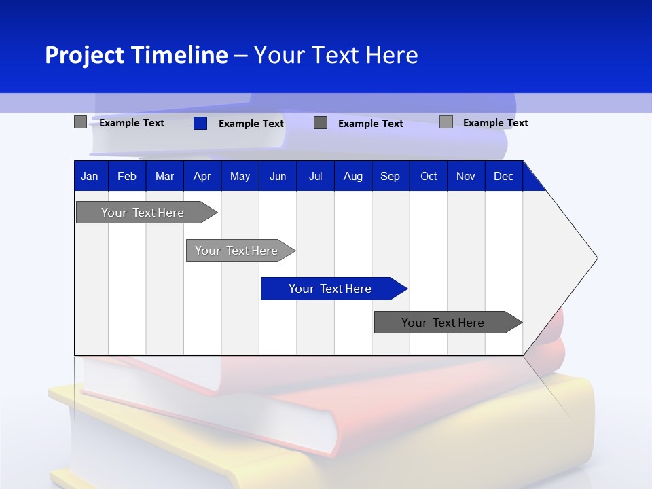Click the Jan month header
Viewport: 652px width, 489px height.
click(x=90, y=176)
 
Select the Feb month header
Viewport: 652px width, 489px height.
click(x=127, y=176)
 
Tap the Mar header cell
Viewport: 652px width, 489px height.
click(x=164, y=176)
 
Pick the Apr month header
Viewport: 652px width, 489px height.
click(x=202, y=176)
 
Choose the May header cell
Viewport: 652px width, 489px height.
click(x=240, y=176)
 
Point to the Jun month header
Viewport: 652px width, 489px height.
click(x=278, y=176)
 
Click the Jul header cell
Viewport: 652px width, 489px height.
click(x=315, y=176)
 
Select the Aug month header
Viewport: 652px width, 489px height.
click(x=353, y=176)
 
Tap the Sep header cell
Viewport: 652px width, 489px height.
click(x=391, y=176)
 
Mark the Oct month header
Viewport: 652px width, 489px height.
click(x=429, y=176)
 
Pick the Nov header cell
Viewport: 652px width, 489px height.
click(x=466, y=176)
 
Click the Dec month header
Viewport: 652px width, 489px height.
click(x=504, y=176)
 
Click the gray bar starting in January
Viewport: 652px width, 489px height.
click(x=143, y=213)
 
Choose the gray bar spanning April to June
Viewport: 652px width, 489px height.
click(x=237, y=251)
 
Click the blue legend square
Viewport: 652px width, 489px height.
click(x=200, y=123)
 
